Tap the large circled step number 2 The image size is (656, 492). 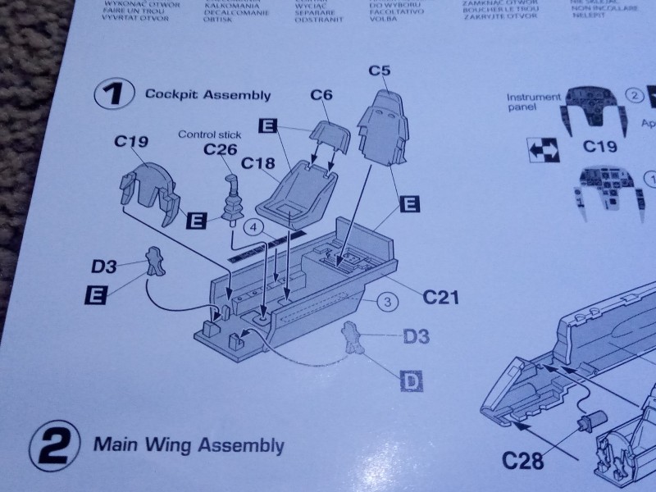click(x=52, y=447)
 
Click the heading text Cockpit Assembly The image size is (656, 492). click(x=207, y=94)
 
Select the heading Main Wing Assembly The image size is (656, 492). click(x=189, y=445)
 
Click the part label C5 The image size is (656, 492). click(x=379, y=71)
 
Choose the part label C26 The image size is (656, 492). click(x=220, y=148)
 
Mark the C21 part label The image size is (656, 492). click(x=441, y=297)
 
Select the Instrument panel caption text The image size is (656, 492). click(x=534, y=102)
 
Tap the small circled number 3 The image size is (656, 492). click(x=389, y=302)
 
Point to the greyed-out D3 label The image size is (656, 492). click(x=416, y=335)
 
